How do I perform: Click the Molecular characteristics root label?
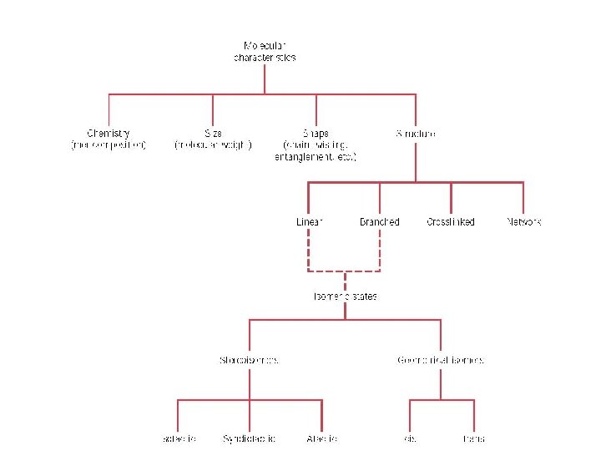click(x=265, y=51)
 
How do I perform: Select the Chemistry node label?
click(x=109, y=139)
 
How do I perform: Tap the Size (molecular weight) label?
click(x=213, y=139)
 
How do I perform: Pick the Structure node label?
click(x=416, y=133)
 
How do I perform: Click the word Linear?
click(x=309, y=222)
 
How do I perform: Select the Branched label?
click(x=380, y=222)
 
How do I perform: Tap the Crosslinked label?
click(x=451, y=222)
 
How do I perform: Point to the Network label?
click(x=524, y=222)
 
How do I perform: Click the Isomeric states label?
click(x=345, y=296)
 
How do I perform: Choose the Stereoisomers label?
click(x=249, y=360)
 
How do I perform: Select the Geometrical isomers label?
click(x=441, y=360)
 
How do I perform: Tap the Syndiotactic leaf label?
click(x=249, y=438)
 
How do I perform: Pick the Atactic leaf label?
click(x=321, y=438)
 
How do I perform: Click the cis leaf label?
click(x=410, y=438)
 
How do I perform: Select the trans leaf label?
click(x=474, y=438)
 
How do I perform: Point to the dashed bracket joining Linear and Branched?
click(x=345, y=271)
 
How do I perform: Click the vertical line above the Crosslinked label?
click(x=451, y=199)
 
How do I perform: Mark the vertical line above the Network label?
click(x=523, y=199)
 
